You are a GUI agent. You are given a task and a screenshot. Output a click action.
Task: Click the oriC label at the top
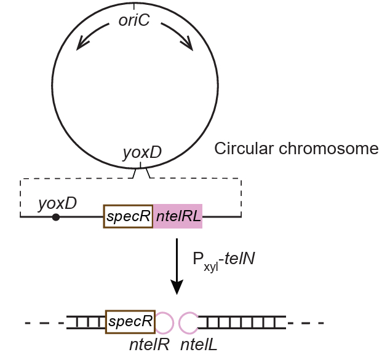click(134, 22)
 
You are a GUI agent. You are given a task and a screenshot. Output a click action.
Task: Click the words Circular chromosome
click(296, 149)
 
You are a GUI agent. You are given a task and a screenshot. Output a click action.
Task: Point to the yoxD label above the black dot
click(57, 202)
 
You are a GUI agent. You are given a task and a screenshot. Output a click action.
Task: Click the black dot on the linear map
click(56, 217)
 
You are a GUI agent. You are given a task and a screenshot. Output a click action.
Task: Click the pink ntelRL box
click(178, 216)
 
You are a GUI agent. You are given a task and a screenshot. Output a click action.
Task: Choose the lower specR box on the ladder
click(130, 321)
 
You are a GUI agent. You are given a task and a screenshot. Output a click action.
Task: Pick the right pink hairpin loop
click(188, 321)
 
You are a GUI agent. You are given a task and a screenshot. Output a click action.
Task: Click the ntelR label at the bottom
click(149, 345)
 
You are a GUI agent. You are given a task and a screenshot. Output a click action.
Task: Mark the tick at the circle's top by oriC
click(134, 6)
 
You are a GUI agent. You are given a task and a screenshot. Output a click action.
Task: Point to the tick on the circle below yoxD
click(141, 166)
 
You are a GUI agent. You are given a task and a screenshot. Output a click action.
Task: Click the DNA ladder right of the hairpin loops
click(242, 321)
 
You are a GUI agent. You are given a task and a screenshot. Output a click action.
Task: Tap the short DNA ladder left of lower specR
click(86, 321)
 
